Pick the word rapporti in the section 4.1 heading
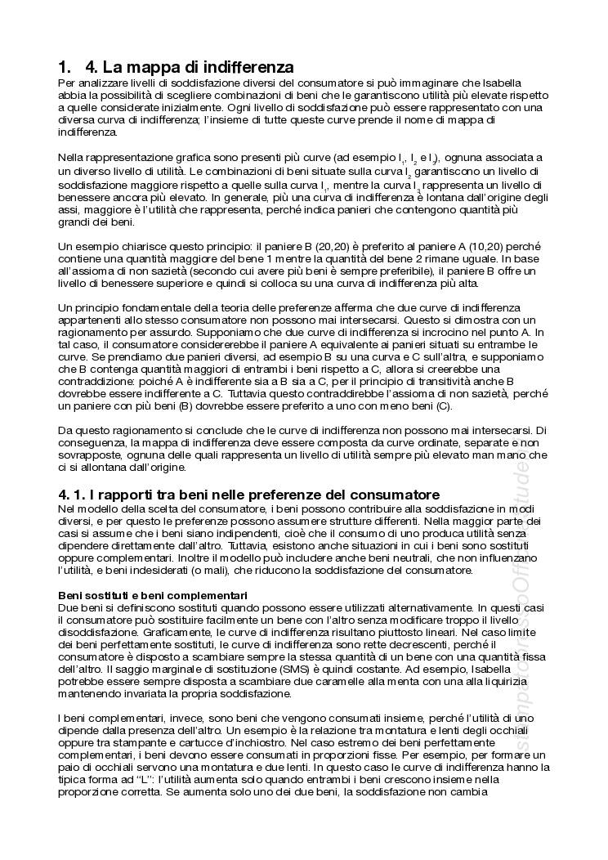pyautogui.click(x=136, y=495)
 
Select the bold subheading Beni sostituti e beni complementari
pyautogui.click(x=153, y=595)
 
